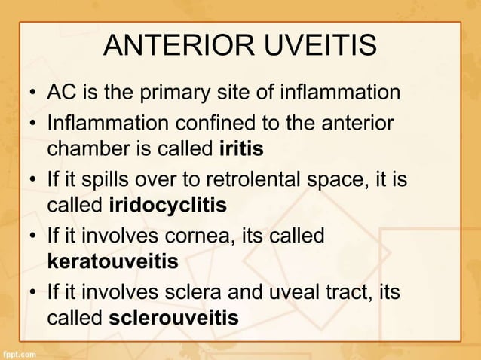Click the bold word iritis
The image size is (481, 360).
click(x=240, y=149)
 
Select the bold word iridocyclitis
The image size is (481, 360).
click(x=167, y=206)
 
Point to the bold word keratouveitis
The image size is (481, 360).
click(x=112, y=262)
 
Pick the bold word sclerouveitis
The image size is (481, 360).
click(x=173, y=319)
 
